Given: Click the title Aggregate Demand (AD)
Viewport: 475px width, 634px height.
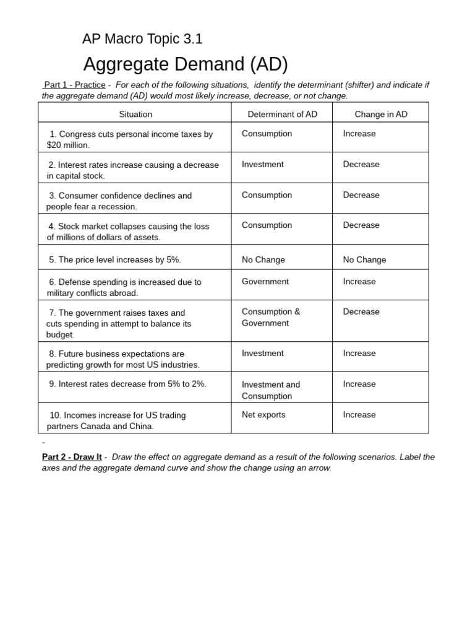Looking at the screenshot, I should (x=186, y=64).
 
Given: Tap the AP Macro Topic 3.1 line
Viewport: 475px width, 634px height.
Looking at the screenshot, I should (x=142, y=39).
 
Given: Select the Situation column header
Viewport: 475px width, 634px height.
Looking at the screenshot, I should (x=135, y=114).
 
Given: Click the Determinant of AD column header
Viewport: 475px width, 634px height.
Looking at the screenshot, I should (x=282, y=114).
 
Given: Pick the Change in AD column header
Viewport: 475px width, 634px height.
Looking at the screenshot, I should (x=381, y=114).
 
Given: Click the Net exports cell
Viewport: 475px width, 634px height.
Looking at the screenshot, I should (x=263, y=415).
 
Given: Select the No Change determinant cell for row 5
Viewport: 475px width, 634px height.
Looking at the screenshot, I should (x=263, y=260).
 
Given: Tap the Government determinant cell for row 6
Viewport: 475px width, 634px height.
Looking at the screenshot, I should (x=265, y=282).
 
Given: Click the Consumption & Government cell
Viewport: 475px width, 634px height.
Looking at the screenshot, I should (x=270, y=318).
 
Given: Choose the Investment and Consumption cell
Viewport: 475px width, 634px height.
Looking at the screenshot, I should (x=270, y=390).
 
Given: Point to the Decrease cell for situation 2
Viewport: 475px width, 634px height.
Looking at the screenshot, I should (x=361, y=165).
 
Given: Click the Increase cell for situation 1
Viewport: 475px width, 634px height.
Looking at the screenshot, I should (x=359, y=134).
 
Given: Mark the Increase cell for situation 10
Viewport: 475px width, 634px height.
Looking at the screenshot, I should (x=359, y=415).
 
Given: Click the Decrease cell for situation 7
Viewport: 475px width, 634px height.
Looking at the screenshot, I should (x=361, y=312).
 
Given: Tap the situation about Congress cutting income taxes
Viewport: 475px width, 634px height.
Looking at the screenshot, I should (x=130, y=139).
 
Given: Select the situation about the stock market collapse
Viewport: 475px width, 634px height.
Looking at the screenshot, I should (x=128, y=232).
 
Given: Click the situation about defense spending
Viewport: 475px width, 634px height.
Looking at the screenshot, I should (x=124, y=287).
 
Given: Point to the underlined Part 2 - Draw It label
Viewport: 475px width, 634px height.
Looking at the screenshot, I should (x=72, y=457).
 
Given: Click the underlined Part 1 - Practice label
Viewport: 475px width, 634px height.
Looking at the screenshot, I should (x=74, y=85).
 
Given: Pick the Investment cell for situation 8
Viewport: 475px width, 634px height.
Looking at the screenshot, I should (x=263, y=354).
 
